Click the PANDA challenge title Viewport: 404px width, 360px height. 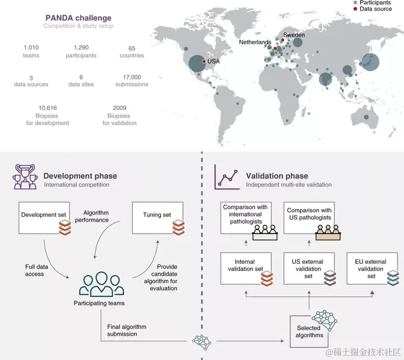tap(77, 18)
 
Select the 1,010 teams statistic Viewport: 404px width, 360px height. tap(31, 48)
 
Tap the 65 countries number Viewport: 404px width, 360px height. tap(131, 48)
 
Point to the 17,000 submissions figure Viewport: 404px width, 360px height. tap(132, 77)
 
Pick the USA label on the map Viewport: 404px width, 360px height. tap(214, 61)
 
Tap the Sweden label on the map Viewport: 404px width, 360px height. tap(294, 35)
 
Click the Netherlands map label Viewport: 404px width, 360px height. tap(255, 42)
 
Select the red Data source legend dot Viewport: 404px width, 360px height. tap(355, 10)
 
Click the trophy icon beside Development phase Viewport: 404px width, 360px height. tap(24, 176)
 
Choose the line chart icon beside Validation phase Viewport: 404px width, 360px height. tap(226, 177)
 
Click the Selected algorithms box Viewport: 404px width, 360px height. tap(309, 331)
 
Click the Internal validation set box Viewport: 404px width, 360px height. tap(246, 268)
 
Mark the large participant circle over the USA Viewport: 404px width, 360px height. tap(196, 64)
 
